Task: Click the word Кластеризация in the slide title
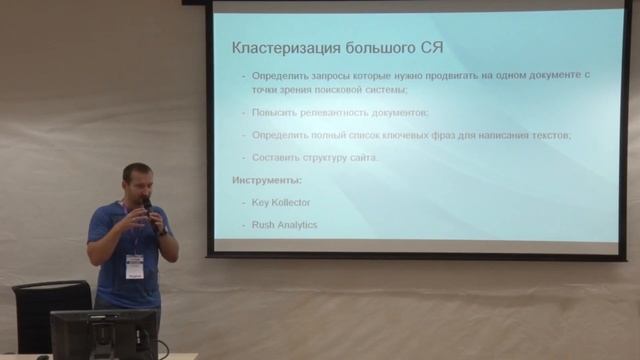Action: coord(280,46)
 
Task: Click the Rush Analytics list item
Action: coord(285,225)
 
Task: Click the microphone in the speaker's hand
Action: coord(147,206)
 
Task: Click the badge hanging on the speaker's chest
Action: coord(134,265)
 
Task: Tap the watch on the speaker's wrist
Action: coord(161,231)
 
